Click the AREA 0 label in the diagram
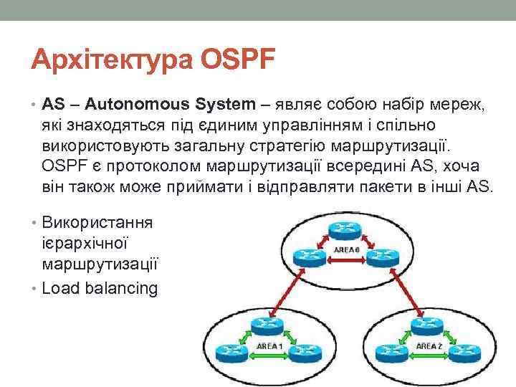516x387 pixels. click(x=347, y=249)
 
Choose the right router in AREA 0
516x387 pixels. click(x=385, y=256)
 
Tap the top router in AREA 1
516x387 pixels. click(x=269, y=327)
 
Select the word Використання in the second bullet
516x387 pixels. click(x=97, y=221)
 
